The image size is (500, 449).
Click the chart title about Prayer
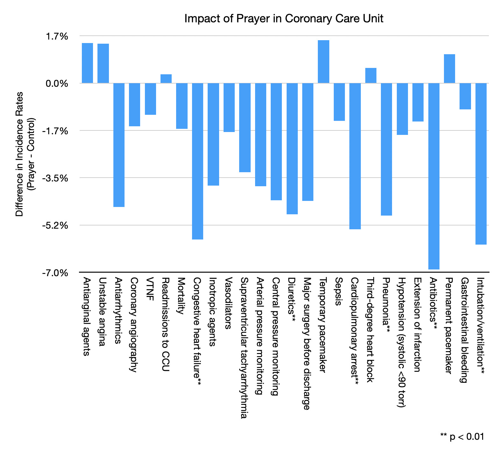283,18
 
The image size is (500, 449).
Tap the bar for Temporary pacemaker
324,62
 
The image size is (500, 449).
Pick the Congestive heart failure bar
197,161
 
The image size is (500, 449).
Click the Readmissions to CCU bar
166,79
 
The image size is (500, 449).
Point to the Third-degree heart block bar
371,76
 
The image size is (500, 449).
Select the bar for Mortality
182,106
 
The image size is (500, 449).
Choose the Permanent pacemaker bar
449,69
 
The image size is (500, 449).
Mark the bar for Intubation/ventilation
481,164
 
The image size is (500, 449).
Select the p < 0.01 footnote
462,437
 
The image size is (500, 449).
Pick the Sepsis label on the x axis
339,291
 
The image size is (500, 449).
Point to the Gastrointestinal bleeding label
465,330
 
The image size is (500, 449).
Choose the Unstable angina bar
103,63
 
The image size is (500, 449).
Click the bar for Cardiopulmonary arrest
355,156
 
